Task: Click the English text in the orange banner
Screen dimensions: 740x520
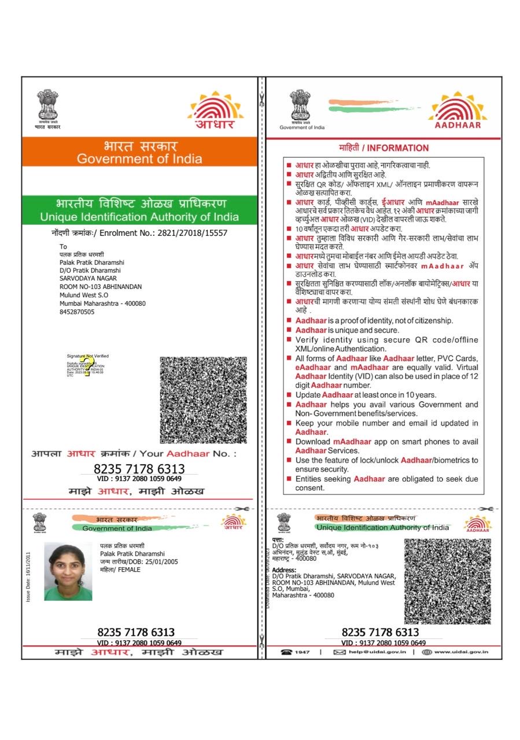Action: [139, 158]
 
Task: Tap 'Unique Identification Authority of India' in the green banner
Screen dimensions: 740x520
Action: [139, 217]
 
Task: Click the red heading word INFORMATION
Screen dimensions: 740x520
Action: [398, 148]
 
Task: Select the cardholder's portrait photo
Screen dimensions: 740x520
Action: [68, 571]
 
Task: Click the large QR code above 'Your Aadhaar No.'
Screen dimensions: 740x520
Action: [203, 400]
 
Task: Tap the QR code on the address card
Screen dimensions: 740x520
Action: [447, 580]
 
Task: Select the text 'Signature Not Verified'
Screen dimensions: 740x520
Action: [87, 356]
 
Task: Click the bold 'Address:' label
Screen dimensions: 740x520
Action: [284, 570]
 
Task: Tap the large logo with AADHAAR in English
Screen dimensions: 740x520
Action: [458, 110]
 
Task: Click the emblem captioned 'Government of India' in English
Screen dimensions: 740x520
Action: [301, 109]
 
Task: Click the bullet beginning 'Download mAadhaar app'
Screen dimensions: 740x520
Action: [386, 446]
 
